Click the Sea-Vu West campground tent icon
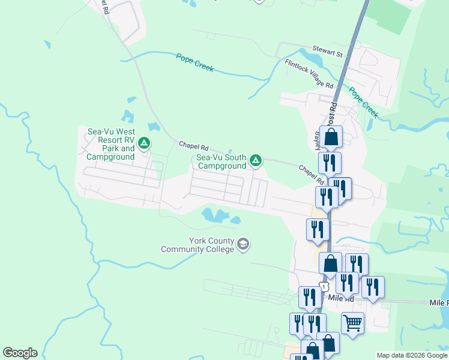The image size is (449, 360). click(143, 143)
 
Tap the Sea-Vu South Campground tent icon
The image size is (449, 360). click(256, 160)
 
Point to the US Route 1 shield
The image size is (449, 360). click(325, 287)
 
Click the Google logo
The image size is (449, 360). click(20, 353)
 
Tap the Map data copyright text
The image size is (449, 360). click(412, 355)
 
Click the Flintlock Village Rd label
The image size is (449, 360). click(309, 73)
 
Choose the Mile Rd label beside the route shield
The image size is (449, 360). click(342, 297)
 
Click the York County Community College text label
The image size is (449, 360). click(197, 244)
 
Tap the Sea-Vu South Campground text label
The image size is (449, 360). click(221, 161)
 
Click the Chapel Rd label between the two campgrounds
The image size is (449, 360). click(193, 146)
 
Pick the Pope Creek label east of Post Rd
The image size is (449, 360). click(364, 103)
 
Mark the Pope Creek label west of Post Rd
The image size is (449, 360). click(195, 62)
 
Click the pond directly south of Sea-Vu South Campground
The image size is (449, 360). click(215, 214)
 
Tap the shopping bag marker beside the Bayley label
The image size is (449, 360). click(331, 137)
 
